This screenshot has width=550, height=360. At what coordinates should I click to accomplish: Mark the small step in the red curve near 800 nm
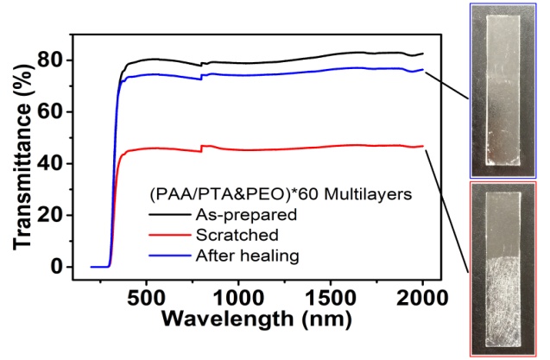click(202, 149)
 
